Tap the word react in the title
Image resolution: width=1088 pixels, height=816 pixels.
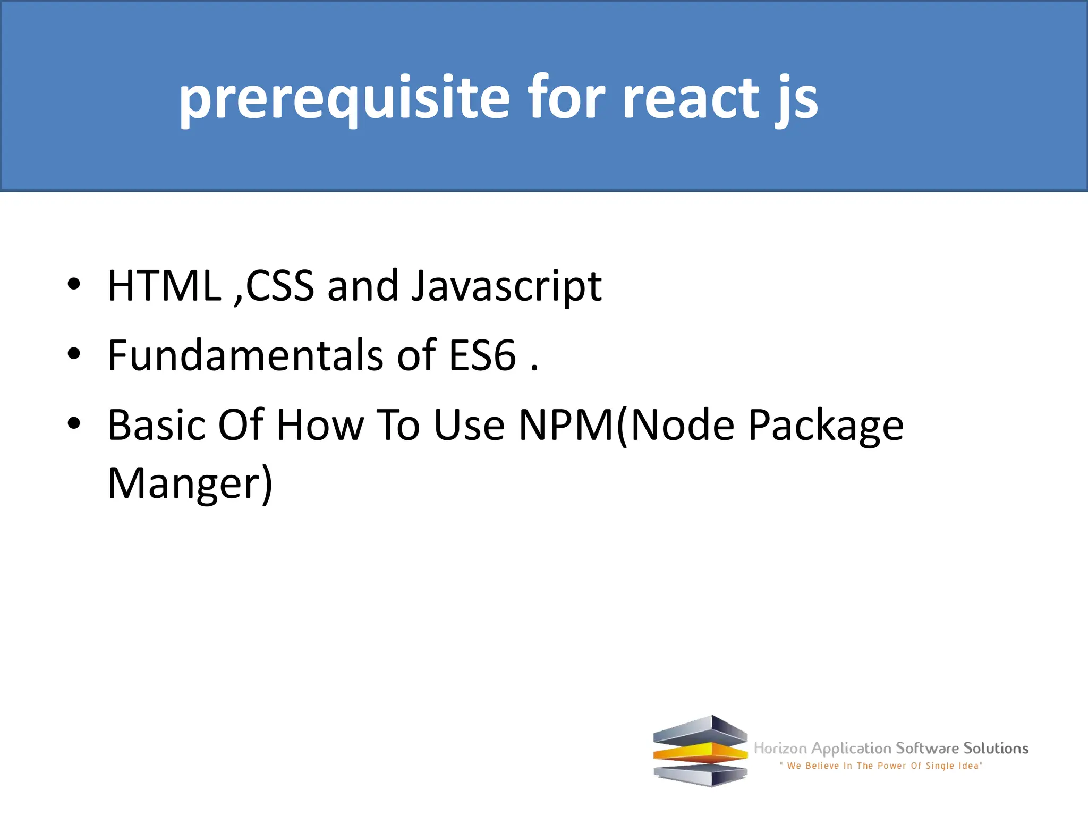[690, 98]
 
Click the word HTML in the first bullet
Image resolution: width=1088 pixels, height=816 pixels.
[164, 286]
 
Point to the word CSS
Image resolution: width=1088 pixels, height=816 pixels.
[280, 286]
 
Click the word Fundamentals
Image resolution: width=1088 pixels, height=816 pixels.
[245, 355]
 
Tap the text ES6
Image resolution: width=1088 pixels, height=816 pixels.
[482, 355]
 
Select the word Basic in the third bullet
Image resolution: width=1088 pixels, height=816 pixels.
[156, 425]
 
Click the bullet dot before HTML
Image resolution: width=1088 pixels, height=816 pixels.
[74, 284]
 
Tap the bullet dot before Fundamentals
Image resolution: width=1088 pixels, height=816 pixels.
[74, 353]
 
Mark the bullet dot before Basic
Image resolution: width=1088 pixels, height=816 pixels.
[74, 423]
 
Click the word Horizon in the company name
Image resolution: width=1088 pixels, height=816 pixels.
[780, 749]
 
